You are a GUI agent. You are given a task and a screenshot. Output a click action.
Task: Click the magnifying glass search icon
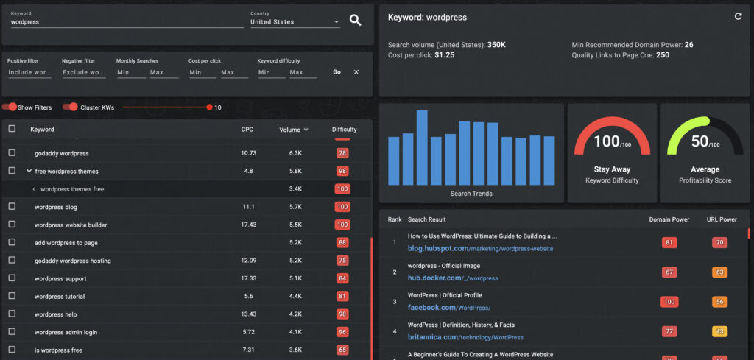coord(355,21)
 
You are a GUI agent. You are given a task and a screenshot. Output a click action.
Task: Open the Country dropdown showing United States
coord(295,22)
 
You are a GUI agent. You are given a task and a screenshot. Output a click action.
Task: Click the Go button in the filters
coord(337,72)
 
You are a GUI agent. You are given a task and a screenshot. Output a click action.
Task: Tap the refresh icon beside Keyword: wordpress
coord(738,16)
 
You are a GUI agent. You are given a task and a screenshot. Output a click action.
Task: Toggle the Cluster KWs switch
coord(71,107)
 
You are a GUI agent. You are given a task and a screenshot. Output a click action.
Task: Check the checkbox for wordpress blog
coord(11,207)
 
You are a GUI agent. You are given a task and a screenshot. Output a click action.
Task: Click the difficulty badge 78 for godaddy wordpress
coord(342,153)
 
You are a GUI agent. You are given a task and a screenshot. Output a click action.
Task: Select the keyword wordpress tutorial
coord(59,297)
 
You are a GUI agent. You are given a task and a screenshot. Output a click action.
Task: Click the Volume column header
coord(292,130)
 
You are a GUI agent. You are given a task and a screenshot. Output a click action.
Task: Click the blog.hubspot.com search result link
coord(480,249)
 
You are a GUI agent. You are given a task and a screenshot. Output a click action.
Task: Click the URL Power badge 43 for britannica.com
coord(718,331)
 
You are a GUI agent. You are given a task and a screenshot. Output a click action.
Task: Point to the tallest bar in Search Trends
coord(422,147)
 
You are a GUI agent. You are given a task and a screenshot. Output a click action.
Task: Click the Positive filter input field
coord(29,72)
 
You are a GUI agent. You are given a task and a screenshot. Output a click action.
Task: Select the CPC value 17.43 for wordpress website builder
coord(247,225)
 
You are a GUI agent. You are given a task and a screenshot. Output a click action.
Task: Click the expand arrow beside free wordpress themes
coord(29,172)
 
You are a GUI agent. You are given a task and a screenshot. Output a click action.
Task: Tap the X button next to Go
coord(356,72)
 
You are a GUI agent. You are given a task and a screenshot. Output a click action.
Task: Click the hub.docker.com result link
coord(453,278)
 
